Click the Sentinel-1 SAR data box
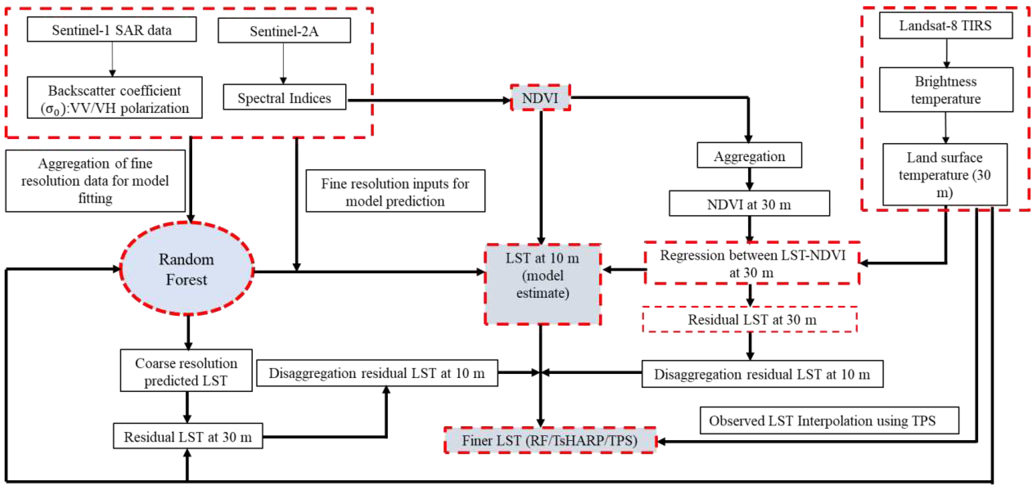[x=112, y=29]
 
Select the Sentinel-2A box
[x=284, y=30]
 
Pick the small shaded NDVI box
[x=540, y=98]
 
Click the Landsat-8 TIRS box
[x=945, y=25]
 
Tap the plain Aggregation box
[x=749, y=155]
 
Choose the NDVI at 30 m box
[x=749, y=204]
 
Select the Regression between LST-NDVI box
[x=752, y=263]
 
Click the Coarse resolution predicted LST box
[x=186, y=370]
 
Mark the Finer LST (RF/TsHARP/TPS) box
[x=550, y=440]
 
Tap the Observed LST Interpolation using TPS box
[x=829, y=421]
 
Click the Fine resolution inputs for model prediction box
[x=395, y=191]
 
